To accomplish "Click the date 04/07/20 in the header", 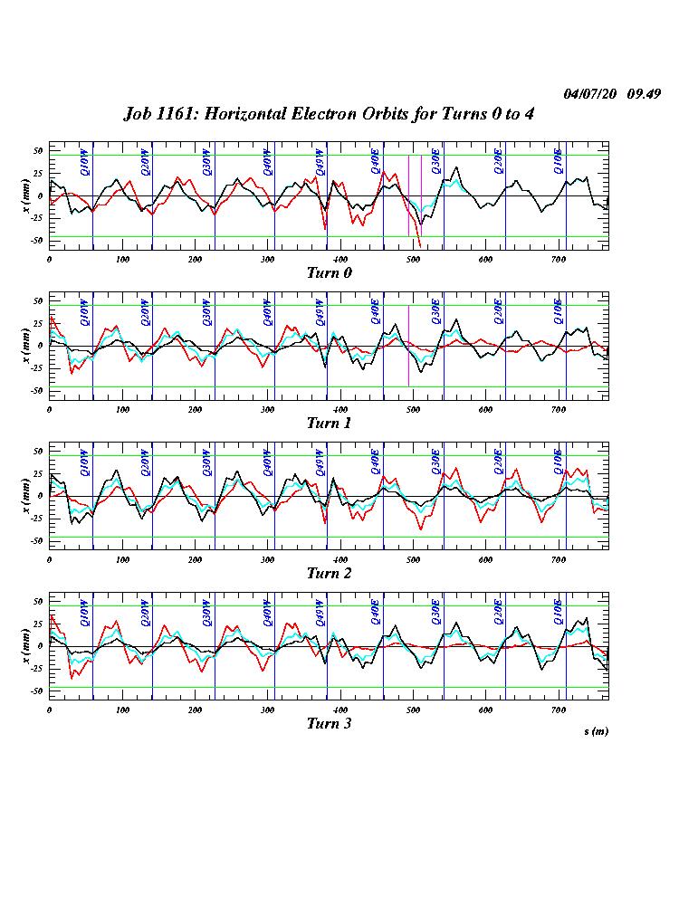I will pyautogui.click(x=588, y=94).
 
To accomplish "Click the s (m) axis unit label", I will pyautogui.click(x=595, y=730).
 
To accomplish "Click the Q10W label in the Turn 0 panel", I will pyautogui.click(x=84, y=161).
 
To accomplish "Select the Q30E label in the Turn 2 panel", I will pyautogui.click(x=435, y=462).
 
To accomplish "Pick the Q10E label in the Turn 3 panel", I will pyautogui.click(x=559, y=612).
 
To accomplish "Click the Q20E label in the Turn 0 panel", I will pyautogui.click(x=497, y=161).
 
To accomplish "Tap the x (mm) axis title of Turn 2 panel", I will pyautogui.click(x=26, y=496).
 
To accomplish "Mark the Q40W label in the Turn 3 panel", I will pyautogui.click(x=267, y=612).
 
